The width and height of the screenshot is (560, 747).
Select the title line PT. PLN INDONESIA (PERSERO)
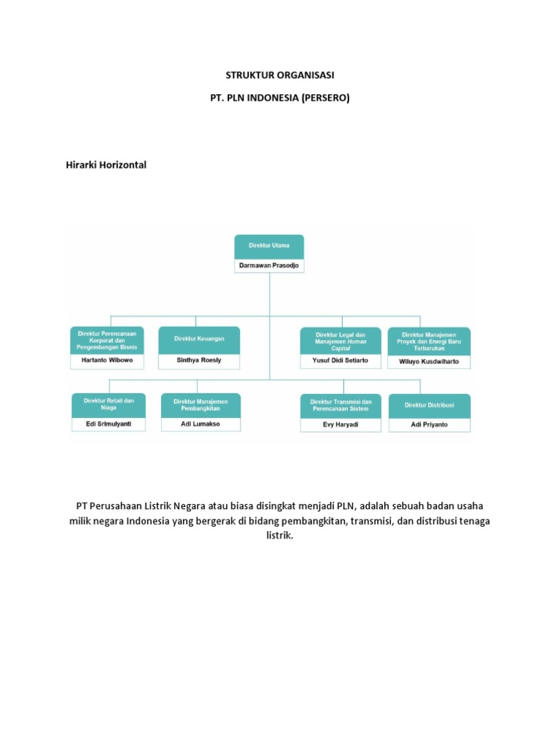(x=280, y=98)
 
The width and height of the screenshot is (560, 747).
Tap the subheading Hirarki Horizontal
(x=106, y=165)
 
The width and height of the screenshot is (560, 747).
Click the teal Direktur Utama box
(x=269, y=247)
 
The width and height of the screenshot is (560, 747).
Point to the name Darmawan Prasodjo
(x=269, y=266)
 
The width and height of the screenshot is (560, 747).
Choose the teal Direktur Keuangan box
(x=199, y=339)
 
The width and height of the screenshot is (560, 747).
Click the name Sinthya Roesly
(x=199, y=360)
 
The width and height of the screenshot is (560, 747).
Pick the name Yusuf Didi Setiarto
(x=341, y=360)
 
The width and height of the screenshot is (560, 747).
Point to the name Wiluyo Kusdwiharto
(x=429, y=361)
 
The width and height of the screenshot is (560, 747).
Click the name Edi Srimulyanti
(x=109, y=424)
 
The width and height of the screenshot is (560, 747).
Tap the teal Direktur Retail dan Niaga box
(x=109, y=405)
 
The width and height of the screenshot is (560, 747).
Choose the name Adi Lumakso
(x=200, y=424)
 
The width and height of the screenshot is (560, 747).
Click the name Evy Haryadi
(x=341, y=425)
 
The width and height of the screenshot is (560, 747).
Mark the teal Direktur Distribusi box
(x=429, y=405)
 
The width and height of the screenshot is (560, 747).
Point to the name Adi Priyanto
(x=429, y=425)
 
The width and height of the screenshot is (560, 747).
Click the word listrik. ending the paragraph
(x=279, y=535)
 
